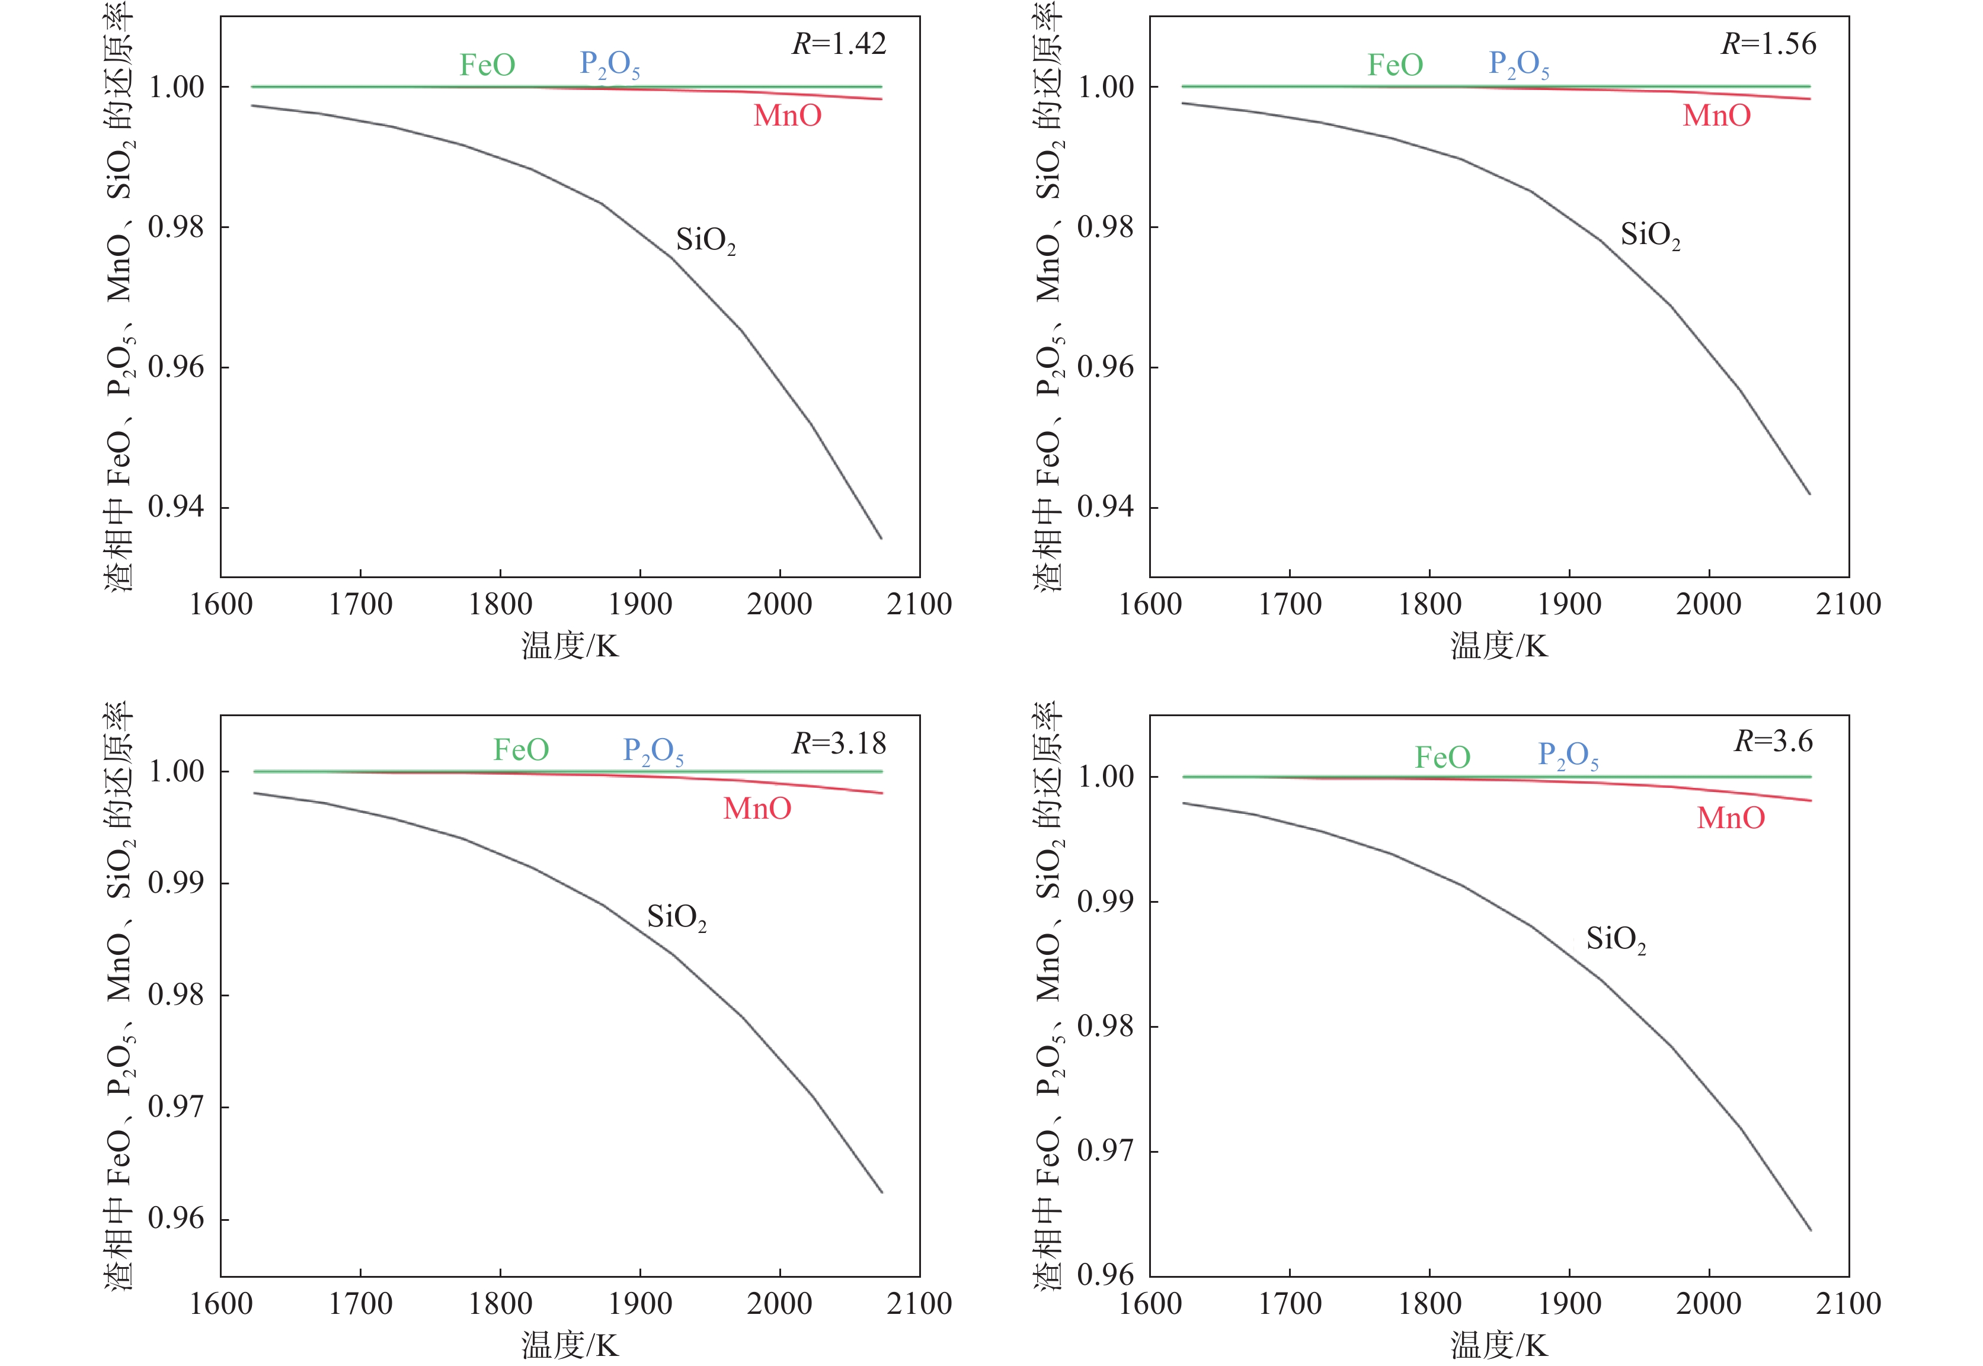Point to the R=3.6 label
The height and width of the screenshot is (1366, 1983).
coord(1773,740)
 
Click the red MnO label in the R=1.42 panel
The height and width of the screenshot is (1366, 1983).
coord(787,116)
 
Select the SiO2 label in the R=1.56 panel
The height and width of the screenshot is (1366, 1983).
coord(1650,235)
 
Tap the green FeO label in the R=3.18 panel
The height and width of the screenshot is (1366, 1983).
coord(520,750)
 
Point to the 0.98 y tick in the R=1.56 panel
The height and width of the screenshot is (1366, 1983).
coord(1105,227)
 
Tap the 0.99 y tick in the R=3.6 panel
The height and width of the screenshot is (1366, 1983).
coord(1105,901)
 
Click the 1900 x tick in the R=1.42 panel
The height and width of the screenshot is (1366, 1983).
coord(639,604)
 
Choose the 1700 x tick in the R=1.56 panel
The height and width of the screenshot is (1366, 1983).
coord(1290,604)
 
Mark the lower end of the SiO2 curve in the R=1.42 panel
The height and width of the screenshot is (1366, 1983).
coord(881,537)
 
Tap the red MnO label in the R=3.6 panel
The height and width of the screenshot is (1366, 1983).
coord(1731,818)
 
